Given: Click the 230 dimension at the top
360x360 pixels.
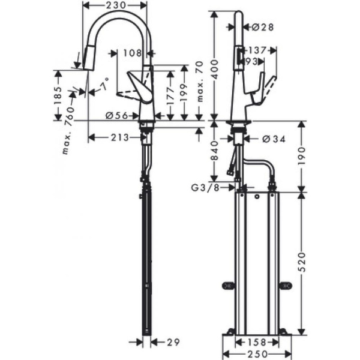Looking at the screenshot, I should (x=114, y=5).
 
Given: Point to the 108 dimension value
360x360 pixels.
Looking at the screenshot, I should (x=133, y=53).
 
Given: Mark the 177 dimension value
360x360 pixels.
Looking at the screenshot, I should (x=170, y=97).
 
